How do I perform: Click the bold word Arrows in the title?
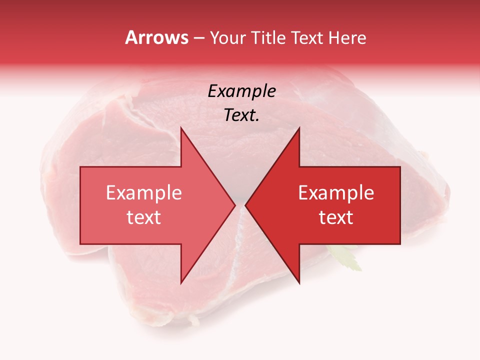pyautogui.click(x=156, y=37)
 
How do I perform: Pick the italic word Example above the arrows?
pyautogui.click(x=242, y=91)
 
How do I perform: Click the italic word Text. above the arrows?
pyautogui.click(x=242, y=115)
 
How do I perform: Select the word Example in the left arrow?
pyautogui.click(x=144, y=193)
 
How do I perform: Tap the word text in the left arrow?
pyautogui.click(x=144, y=217)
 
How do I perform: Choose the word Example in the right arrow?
pyautogui.click(x=336, y=193)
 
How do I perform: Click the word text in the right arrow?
pyautogui.click(x=336, y=217)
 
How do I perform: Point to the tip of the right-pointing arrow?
pyautogui.click(x=235, y=205)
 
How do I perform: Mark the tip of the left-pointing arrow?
pyautogui.click(x=246, y=205)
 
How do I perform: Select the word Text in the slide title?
pyautogui.click(x=306, y=37)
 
